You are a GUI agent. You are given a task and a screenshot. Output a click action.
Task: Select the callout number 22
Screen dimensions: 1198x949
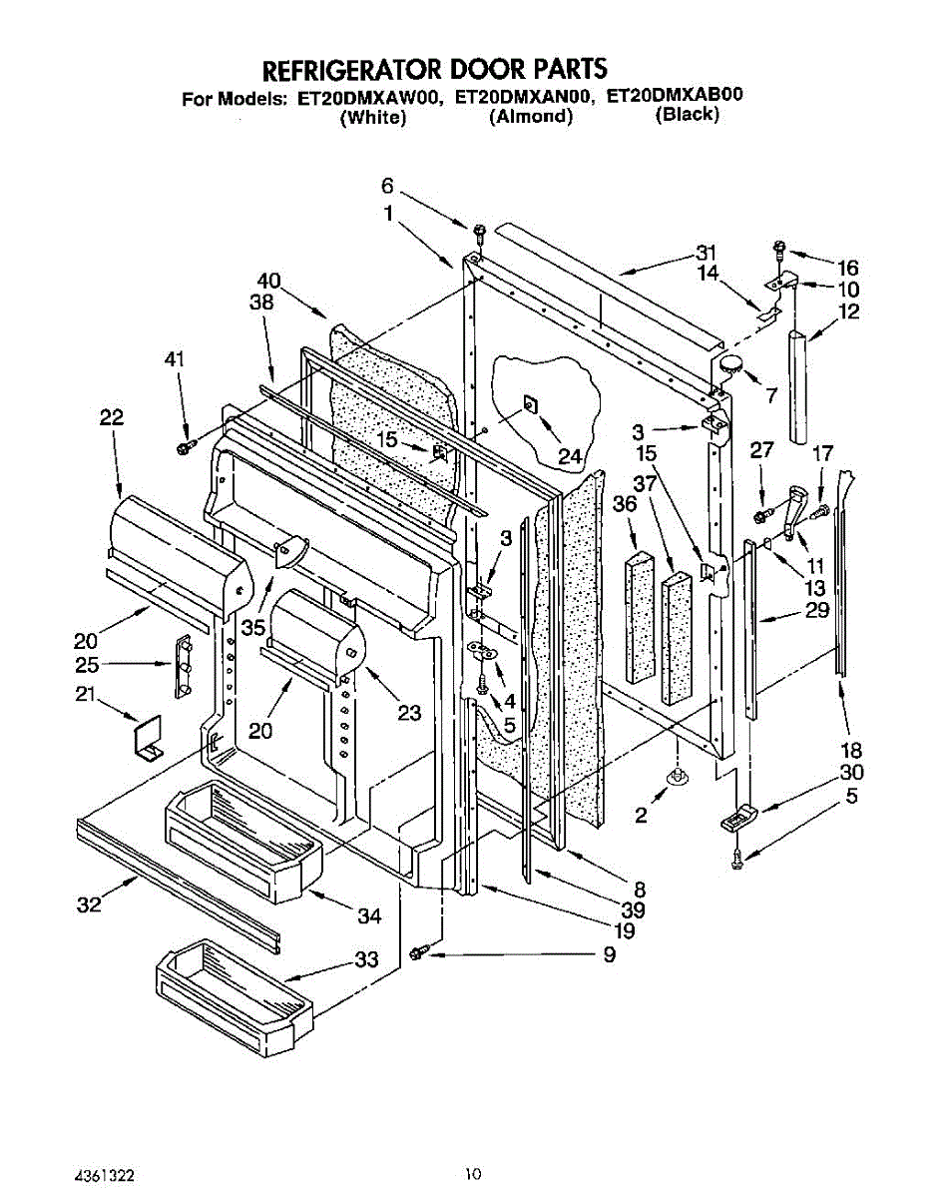(x=111, y=419)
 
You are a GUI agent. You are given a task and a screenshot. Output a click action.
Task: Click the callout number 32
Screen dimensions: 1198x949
(x=89, y=905)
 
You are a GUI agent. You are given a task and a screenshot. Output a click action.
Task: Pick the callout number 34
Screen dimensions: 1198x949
(x=369, y=914)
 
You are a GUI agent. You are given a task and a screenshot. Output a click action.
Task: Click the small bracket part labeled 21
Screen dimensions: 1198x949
(x=147, y=738)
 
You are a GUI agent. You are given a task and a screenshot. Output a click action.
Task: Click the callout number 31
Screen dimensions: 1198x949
(x=708, y=252)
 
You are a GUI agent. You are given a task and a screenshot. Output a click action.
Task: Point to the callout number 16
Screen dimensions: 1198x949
(x=847, y=268)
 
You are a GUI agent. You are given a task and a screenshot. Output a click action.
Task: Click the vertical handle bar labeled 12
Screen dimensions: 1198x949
(x=801, y=386)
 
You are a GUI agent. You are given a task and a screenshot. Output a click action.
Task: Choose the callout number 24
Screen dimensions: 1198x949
(x=569, y=456)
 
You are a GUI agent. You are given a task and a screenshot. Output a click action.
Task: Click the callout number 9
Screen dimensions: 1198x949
(x=608, y=955)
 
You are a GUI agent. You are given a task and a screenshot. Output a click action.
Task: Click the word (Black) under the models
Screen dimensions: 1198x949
(x=687, y=115)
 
